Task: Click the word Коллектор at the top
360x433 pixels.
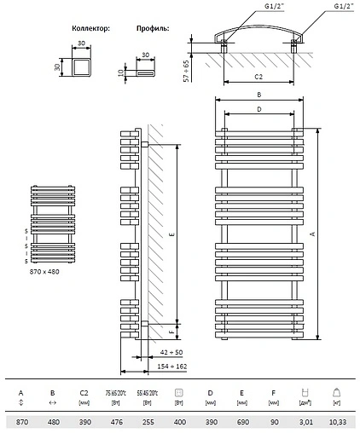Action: coord(90,28)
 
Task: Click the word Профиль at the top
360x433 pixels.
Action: coord(149,28)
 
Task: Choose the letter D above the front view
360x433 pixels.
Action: coord(258,110)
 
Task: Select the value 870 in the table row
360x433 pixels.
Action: coord(21,421)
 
